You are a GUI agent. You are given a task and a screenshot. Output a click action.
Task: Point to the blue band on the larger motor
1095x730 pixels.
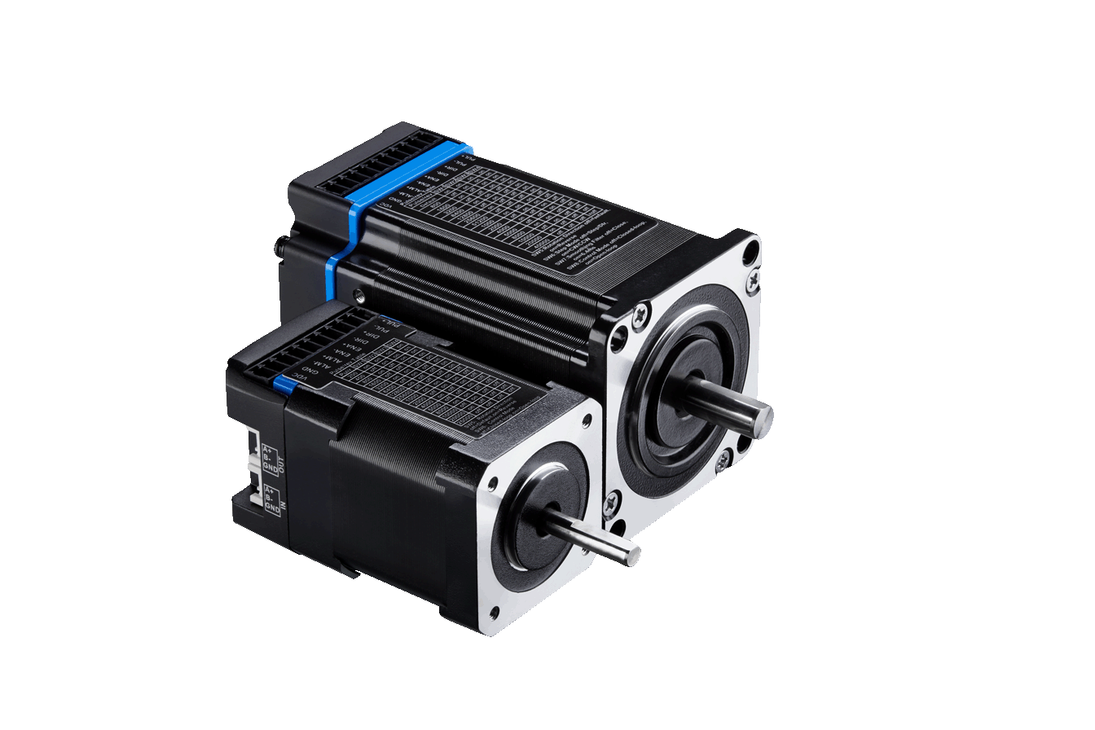click(x=352, y=228)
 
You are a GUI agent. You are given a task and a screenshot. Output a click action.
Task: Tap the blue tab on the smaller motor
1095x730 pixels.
click(x=284, y=383)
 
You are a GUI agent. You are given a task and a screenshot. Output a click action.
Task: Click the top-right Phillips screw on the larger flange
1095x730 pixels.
click(x=751, y=279)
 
